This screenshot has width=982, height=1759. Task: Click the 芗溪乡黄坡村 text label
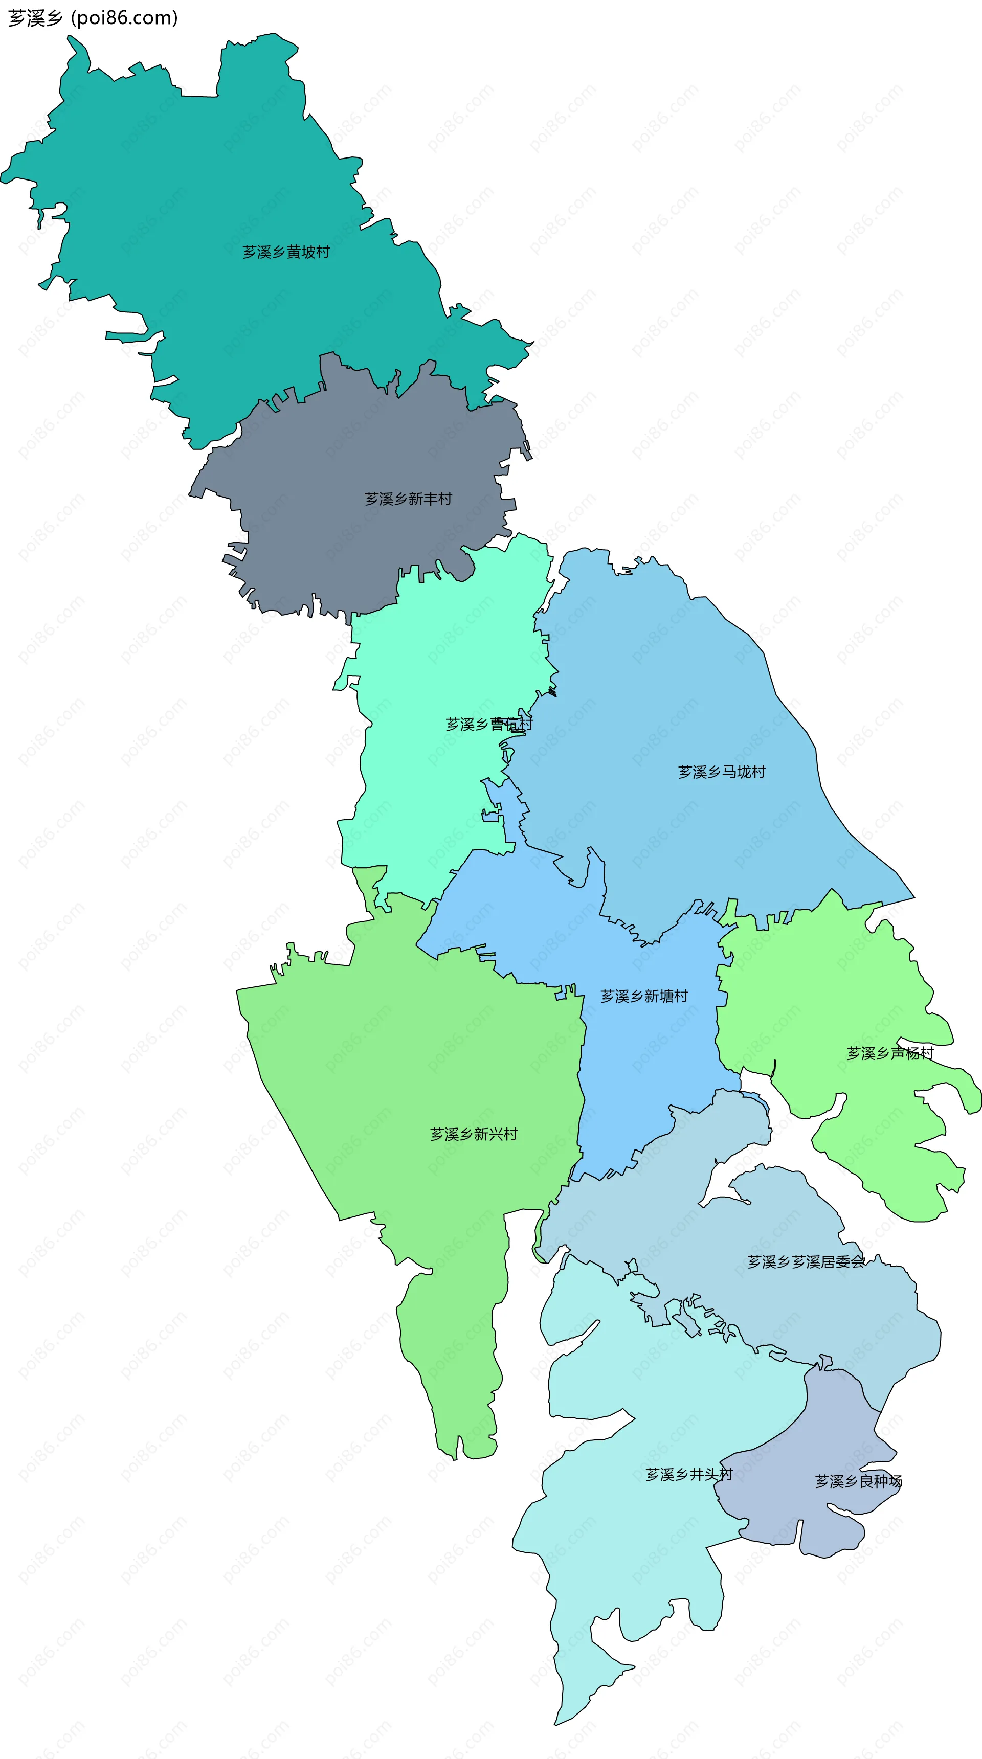[286, 252]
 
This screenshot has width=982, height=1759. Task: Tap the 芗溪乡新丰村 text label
[408, 499]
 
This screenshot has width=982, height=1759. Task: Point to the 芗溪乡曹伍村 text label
[489, 724]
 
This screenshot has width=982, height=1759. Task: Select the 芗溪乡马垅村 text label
[722, 772]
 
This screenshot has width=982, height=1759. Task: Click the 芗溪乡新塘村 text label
[644, 996]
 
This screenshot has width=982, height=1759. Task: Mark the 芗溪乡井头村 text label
[689, 1474]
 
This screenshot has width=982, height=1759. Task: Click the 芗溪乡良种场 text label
[858, 1481]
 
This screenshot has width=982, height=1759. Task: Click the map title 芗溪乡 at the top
[35, 18]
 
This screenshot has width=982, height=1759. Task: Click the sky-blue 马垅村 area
[683, 683]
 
